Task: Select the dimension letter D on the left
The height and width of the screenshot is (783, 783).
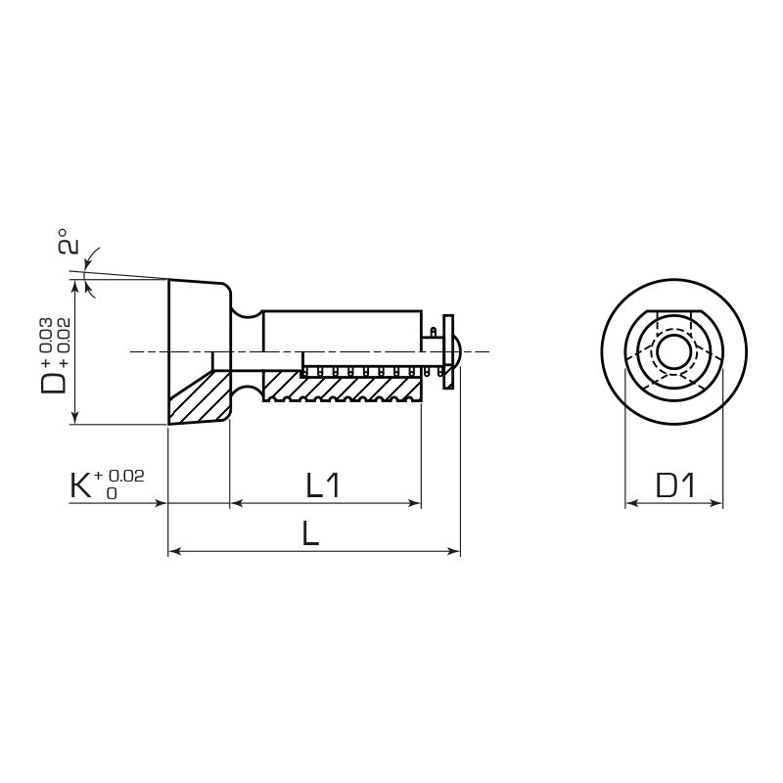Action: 54,379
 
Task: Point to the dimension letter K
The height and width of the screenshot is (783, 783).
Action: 82,485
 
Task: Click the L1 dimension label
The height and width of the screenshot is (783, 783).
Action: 322,484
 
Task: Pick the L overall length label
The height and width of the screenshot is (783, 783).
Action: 311,533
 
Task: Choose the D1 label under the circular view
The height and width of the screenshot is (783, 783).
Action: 674,484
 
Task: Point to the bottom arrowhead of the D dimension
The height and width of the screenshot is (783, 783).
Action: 74,419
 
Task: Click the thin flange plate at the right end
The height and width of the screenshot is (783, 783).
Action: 448,352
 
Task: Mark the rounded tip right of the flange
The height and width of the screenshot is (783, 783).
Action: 458,352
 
